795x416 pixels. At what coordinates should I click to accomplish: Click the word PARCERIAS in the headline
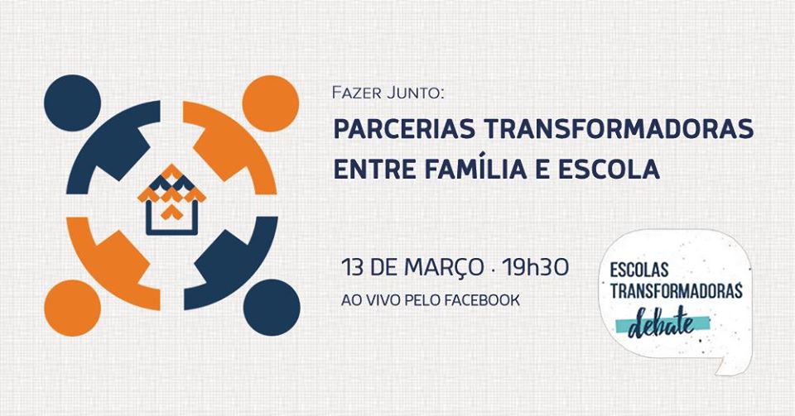coord(404,129)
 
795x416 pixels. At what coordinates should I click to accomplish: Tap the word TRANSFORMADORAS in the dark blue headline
coord(618,129)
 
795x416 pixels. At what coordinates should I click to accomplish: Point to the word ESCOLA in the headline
coord(609,169)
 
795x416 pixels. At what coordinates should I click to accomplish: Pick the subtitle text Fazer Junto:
coord(388,93)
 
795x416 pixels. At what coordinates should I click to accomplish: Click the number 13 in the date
coord(353,267)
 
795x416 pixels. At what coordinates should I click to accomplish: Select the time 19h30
coord(535,267)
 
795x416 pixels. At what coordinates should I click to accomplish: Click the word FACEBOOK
coord(482,300)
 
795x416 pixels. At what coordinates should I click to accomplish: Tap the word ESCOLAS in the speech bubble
coord(638,270)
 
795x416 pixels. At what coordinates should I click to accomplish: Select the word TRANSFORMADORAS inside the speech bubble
coord(676,291)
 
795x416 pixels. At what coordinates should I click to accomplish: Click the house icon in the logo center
coord(171,200)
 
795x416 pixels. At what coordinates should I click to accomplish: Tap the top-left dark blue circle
coord(73,103)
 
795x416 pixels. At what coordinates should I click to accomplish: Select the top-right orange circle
coord(270,103)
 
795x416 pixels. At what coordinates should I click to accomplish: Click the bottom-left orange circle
coord(73,308)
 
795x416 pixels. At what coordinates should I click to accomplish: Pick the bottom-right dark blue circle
coord(272,308)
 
